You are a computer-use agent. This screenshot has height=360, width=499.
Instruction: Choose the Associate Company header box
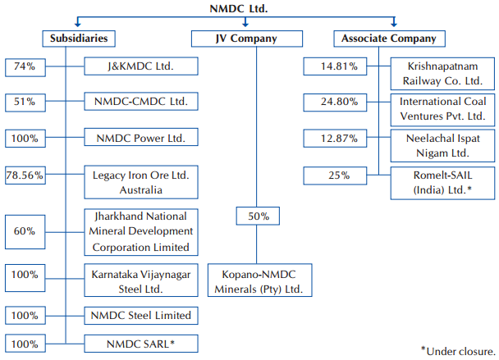tap(391, 39)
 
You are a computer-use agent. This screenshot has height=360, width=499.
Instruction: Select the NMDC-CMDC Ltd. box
tap(140, 103)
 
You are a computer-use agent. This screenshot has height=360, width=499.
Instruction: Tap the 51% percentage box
tap(25, 103)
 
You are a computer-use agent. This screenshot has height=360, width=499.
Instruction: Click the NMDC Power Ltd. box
tap(140, 138)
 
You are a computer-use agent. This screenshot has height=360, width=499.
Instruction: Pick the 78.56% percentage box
tap(25, 175)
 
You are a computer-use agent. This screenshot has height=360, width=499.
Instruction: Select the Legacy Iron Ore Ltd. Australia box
tap(140, 181)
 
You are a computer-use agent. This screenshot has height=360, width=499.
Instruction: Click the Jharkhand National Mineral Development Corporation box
tap(140, 231)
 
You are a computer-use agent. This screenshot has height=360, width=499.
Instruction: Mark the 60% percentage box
tap(25, 231)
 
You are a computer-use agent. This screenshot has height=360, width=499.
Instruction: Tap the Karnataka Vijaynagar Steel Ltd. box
tap(140, 280)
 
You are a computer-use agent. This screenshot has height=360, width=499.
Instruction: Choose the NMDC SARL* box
tap(140, 344)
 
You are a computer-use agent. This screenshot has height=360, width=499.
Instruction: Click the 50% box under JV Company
tap(258, 216)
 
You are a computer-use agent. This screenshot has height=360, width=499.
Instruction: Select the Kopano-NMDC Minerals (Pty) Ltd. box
tap(256, 280)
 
